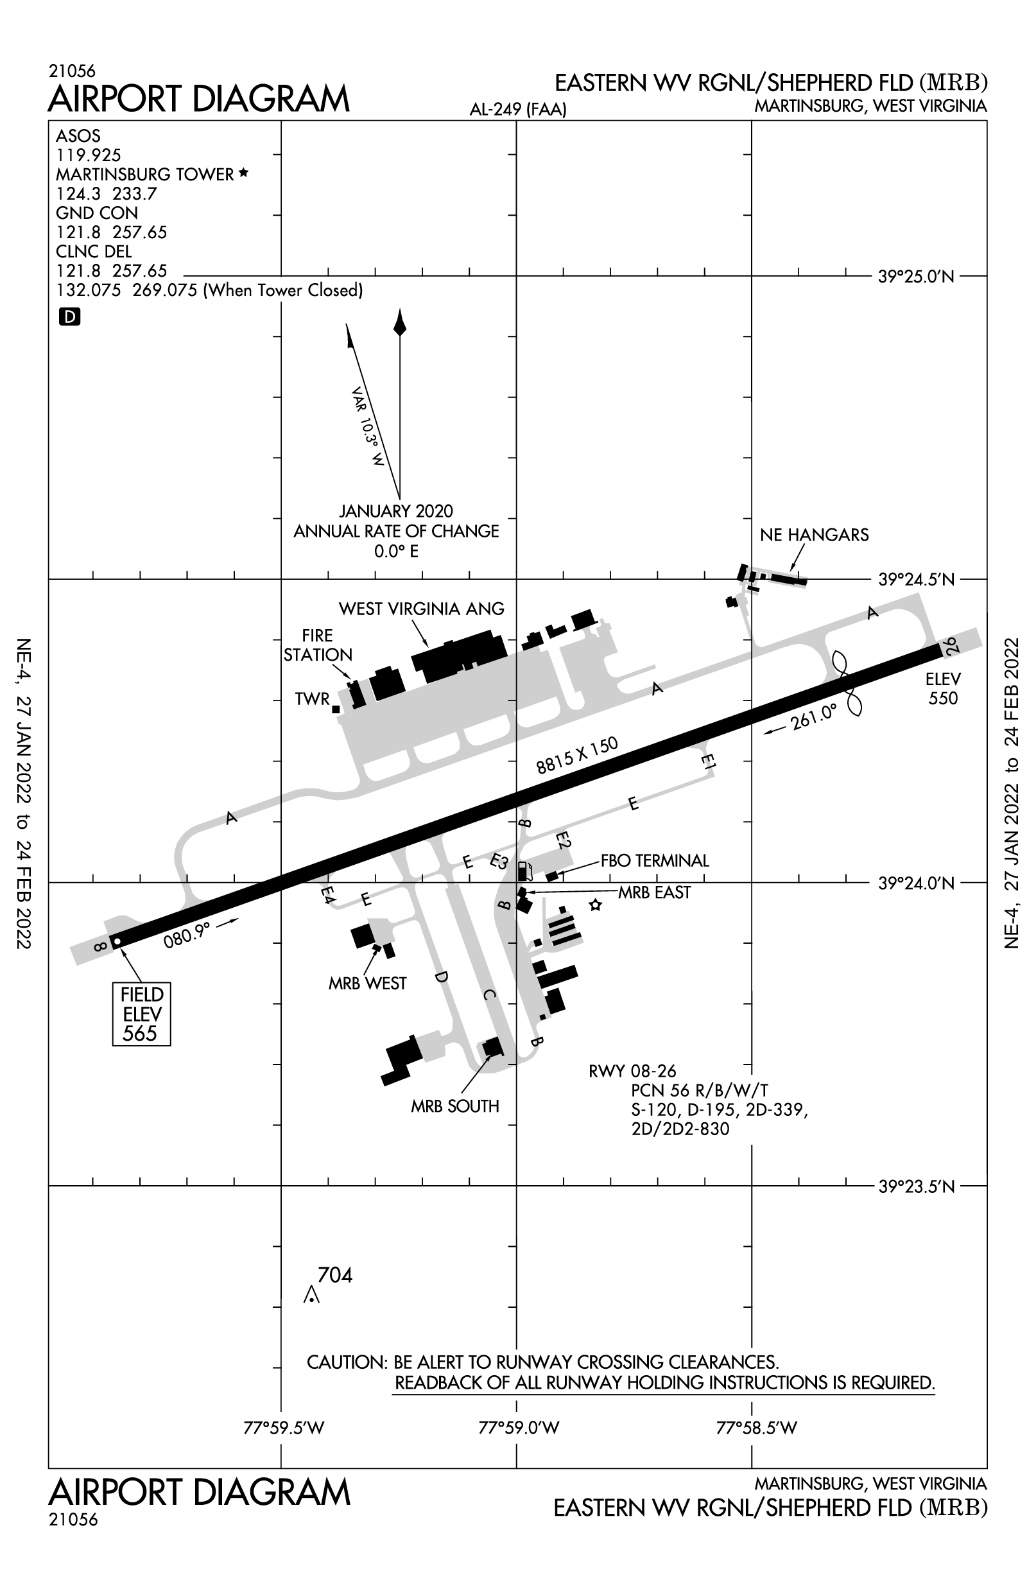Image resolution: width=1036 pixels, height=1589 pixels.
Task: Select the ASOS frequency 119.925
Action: coord(88,155)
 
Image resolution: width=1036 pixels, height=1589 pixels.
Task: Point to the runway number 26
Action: coord(950,645)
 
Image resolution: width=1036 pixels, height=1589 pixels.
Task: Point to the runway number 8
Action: coord(100,946)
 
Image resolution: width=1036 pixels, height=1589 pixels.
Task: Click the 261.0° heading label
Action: coord(813,718)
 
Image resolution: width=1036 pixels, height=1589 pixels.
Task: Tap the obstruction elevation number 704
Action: coord(334,1275)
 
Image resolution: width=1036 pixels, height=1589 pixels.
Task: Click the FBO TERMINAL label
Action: coord(654,860)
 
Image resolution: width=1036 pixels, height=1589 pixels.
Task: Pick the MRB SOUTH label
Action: coord(454,1106)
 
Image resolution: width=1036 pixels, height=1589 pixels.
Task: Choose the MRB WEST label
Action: coord(367,983)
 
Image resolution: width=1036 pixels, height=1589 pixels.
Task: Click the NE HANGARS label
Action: coord(815,535)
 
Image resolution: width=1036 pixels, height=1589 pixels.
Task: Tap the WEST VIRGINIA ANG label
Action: coord(421,609)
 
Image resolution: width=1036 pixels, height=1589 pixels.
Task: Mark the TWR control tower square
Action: coord(336,709)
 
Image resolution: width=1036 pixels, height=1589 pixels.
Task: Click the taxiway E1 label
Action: coord(708,762)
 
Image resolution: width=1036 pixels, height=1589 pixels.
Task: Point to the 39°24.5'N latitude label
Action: coord(916,580)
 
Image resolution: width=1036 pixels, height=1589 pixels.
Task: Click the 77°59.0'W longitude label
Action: coord(519,1428)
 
